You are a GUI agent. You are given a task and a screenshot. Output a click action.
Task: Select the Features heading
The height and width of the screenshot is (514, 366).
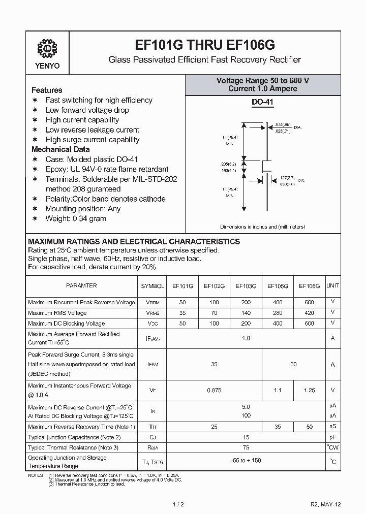coord(47,90)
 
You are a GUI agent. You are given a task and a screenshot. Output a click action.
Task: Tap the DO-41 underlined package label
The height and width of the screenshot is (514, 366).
coord(263,103)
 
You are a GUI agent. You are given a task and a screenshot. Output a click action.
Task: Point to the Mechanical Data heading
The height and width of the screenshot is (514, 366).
coord(60,149)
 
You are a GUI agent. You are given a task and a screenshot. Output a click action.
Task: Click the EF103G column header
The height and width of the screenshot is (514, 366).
coord(246,286)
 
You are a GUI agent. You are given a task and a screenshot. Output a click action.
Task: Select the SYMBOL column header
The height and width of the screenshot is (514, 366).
coord(152,286)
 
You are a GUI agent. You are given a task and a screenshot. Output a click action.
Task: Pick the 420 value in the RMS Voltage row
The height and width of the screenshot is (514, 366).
coord(309,313)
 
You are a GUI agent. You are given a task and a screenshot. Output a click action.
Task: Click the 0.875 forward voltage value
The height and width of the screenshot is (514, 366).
coord(214,390)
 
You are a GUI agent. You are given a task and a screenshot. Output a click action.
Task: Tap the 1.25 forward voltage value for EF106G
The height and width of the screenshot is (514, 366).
coord(309,390)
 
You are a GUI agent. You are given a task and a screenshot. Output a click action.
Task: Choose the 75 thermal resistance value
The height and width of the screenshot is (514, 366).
coord(246,447)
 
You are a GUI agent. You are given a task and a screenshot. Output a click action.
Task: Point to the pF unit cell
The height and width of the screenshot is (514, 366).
coord(332,437)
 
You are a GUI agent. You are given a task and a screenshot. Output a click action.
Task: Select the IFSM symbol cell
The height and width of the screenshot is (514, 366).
coord(152,364)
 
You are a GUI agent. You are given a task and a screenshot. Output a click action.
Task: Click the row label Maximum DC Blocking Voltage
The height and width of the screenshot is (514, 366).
coord(67,324)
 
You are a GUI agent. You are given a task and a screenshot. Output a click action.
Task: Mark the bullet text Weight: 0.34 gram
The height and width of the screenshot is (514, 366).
coord(76,218)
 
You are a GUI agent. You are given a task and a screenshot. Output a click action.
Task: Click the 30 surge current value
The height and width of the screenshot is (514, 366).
coord(293,364)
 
